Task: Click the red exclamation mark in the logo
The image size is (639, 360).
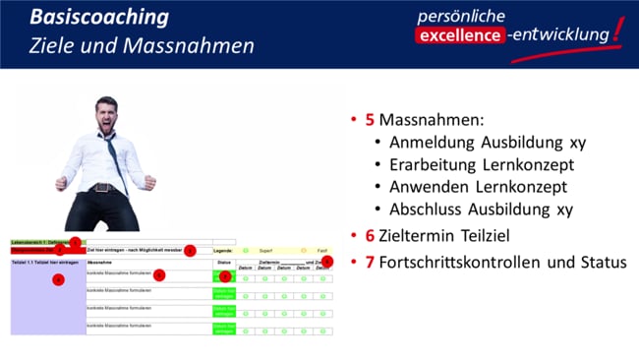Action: tap(616, 31)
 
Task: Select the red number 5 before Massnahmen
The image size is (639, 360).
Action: tap(370, 120)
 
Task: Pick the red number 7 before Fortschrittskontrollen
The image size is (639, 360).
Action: tap(370, 263)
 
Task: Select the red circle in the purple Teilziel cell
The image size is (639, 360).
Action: tap(58, 280)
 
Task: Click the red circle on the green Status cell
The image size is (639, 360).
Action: tap(224, 276)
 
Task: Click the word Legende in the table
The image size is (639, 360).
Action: tap(222, 251)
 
